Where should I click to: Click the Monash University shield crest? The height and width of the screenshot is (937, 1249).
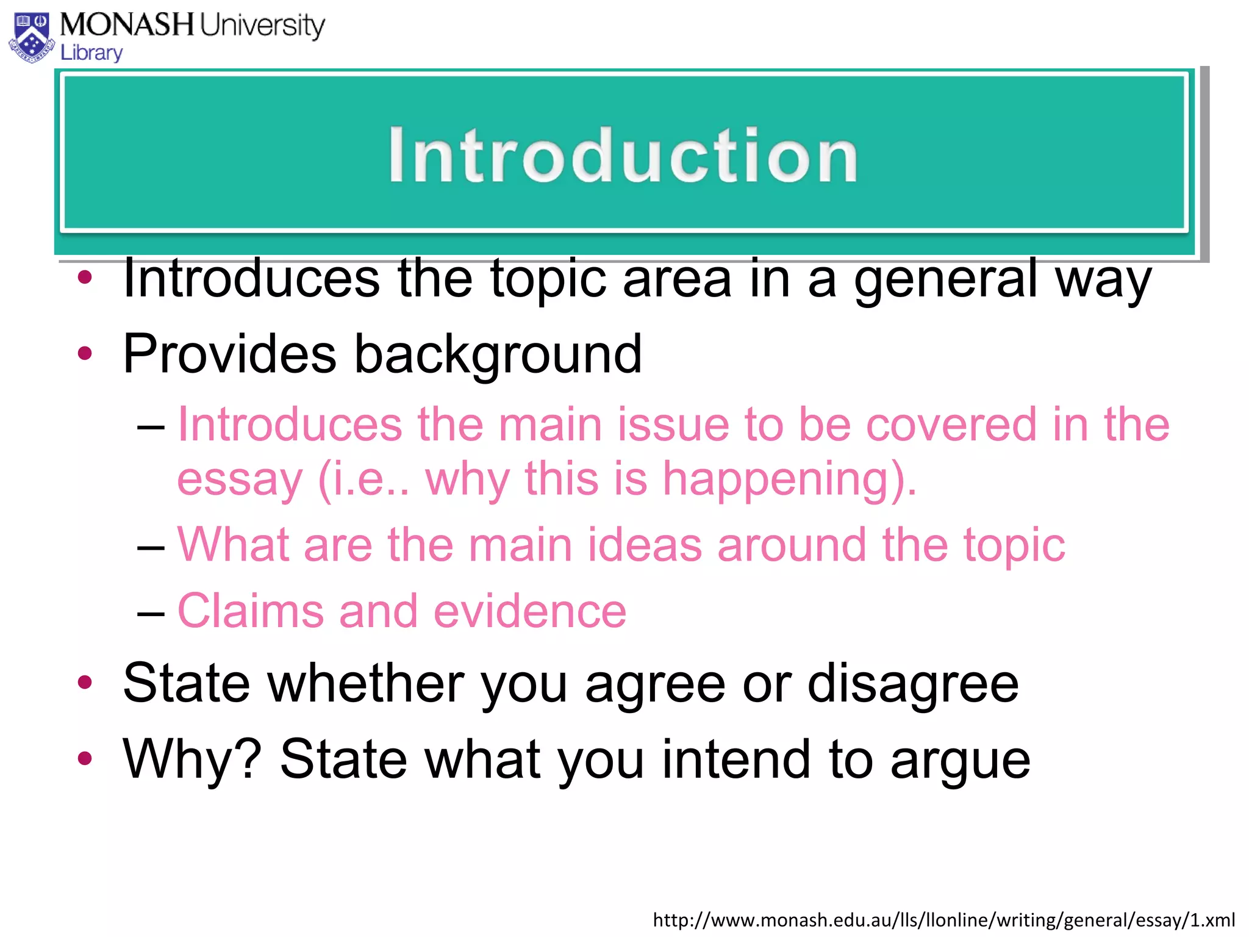[32, 38]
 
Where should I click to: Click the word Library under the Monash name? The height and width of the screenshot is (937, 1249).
[91, 53]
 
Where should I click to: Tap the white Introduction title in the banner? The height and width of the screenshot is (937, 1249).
[623, 156]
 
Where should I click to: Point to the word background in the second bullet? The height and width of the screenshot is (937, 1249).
[498, 354]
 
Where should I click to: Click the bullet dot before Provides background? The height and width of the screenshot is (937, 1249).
[85, 353]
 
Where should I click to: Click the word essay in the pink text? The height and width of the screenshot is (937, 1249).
[239, 479]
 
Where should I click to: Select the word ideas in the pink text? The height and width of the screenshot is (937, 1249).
[645, 545]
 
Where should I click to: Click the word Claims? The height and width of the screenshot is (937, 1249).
[250, 611]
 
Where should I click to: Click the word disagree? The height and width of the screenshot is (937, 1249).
[913, 684]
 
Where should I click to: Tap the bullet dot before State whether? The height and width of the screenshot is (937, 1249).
[85, 683]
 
